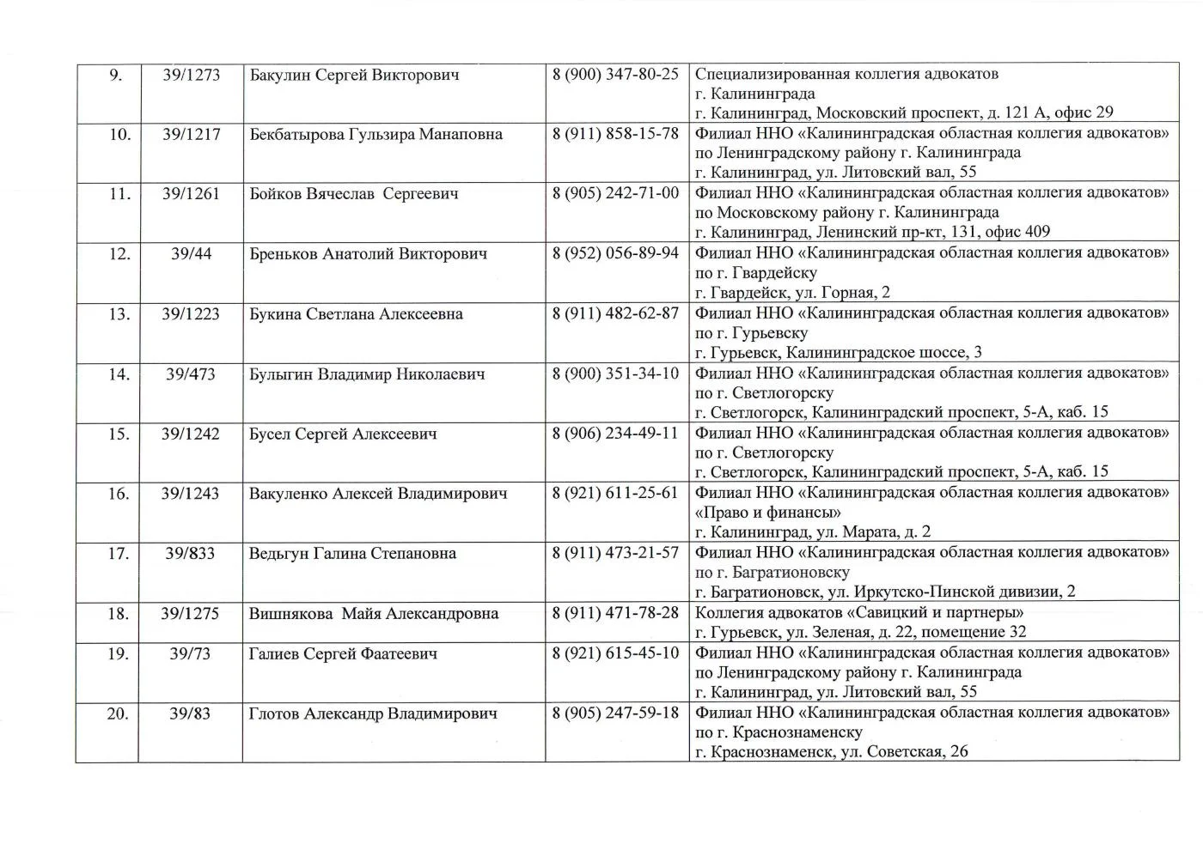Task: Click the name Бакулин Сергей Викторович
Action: tap(354, 75)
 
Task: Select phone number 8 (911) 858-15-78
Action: tap(615, 134)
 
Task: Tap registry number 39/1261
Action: tap(191, 194)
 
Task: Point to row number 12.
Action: tap(119, 254)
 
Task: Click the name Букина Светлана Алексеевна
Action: tap(356, 314)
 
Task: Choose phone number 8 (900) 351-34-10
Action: tap(615, 373)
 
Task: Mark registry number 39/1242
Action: tap(190, 434)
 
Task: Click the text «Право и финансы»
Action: tap(767, 513)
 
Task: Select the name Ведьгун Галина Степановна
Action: tap(352, 554)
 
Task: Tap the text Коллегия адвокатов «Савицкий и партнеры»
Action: tap(859, 613)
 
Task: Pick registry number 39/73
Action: tap(190, 654)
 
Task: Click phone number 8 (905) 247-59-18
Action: tap(615, 713)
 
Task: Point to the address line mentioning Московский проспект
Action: tap(904, 112)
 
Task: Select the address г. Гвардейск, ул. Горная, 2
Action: tap(792, 293)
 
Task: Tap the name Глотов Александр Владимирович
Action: tap(373, 713)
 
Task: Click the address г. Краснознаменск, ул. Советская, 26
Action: tap(831, 752)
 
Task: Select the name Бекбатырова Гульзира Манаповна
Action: tap(376, 135)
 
